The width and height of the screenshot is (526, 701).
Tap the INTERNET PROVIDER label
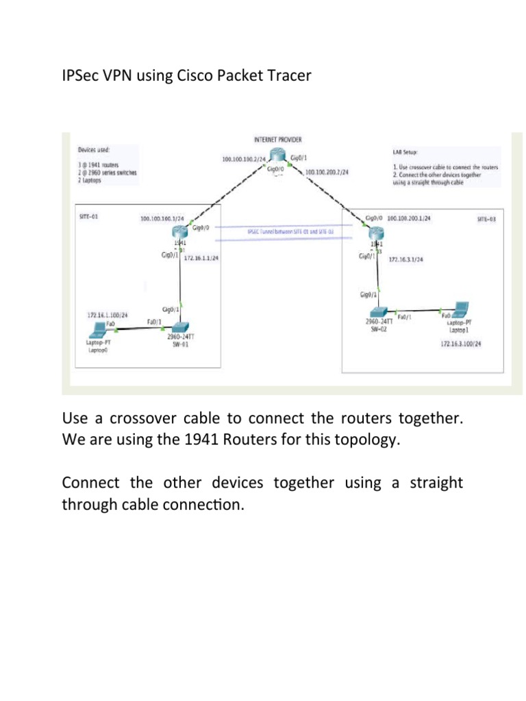pos(278,139)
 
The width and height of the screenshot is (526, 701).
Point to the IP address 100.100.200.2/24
pos(327,173)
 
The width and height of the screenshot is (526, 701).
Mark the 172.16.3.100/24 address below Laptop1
pos(461,344)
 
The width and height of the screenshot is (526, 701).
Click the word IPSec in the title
pos(81,75)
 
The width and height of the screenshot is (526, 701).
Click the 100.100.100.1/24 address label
pos(162,219)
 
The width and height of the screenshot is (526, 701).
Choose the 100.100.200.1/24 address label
pos(410,218)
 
